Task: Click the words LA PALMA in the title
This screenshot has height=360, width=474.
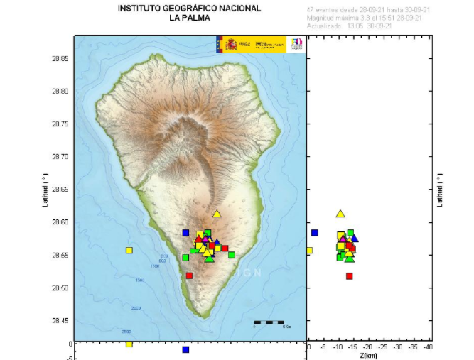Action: pyautogui.click(x=189, y=18)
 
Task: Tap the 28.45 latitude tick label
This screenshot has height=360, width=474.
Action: pyautogui.click(x=59, y=321)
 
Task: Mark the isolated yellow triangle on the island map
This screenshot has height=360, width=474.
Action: pyautogui.click(x=217, y=214)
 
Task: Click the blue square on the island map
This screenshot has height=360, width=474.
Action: pyautogui.click(x=185, y=233)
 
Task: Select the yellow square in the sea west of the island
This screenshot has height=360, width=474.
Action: pyautogui.click(x=129, y=250)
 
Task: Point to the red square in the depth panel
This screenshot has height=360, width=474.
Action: pyautogui.click(x=350, y=276)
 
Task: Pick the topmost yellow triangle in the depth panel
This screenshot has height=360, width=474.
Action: pyautogui.click(x=340, y=214)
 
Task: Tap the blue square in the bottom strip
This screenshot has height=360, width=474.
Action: pyautogui.click(x=185, y=349)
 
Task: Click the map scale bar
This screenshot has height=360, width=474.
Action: pyautogui.click(x=269, y=322)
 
